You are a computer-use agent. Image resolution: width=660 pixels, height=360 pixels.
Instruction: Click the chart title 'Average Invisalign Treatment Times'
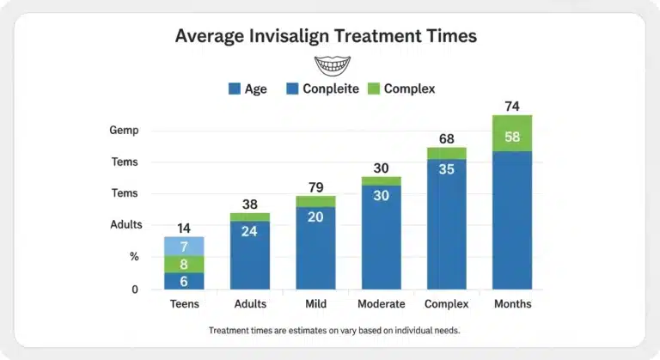click(x=326, y=36)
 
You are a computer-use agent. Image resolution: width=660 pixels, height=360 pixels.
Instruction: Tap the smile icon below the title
click(x=333, y=65)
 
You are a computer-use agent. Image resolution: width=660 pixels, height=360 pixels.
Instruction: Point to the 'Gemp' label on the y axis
click(x=124, y=131)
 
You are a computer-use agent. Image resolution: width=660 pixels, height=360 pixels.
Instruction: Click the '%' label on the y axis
click(x=134, y=256)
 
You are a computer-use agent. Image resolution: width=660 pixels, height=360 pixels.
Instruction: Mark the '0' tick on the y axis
click(x=135, y=290)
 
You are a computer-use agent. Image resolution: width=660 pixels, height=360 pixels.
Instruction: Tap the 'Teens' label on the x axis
click(x=184, y=304)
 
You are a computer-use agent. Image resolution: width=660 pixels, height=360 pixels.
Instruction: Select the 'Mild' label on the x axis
click(x=315, y=304)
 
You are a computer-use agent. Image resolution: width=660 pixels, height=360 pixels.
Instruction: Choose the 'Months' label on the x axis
click(x=512, y=304)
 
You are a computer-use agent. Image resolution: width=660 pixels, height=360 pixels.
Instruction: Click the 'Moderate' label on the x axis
click(x=381, y=304)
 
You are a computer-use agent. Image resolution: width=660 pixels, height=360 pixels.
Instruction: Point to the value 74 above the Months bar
click(x=512, y=107)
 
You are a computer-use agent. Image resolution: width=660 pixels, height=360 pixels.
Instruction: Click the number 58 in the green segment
click(x=512, y=136)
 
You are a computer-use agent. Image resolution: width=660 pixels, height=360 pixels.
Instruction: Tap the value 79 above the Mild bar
click(x=315, y=187)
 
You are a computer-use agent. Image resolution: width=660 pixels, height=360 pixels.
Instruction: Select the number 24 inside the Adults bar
click(x=250, y=230)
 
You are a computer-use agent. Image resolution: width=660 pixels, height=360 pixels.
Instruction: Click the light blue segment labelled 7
click(x=184, y=247)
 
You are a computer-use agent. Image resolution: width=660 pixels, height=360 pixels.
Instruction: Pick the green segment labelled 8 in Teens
click(x=184, y=265)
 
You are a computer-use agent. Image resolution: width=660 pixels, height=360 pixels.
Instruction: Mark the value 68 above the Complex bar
click(x=446, y=138)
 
